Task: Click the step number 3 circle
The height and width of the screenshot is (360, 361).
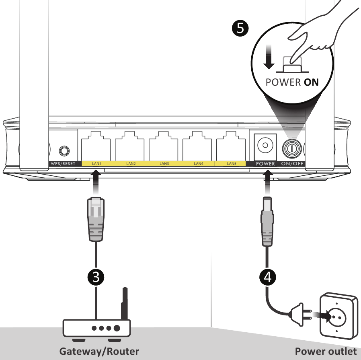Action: (x=96, y=276)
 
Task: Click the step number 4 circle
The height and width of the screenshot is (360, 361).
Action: (x=267, y=276)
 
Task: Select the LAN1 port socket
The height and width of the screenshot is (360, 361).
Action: (x=96, y=145)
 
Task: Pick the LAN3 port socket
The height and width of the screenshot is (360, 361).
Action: (x=163, y=145)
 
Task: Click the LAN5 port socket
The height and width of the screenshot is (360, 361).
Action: (x=231, y=145)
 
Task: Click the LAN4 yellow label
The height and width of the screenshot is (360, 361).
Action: (x=198, y=164)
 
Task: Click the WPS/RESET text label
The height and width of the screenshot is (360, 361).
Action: (x=63, y=164)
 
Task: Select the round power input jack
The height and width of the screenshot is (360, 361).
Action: (x=265, y=145)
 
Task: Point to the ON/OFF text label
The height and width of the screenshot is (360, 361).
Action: (x=292, y=164)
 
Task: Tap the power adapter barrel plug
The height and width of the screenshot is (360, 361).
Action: (x=267, y=221)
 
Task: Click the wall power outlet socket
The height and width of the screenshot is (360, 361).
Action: (x=337, y=316)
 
